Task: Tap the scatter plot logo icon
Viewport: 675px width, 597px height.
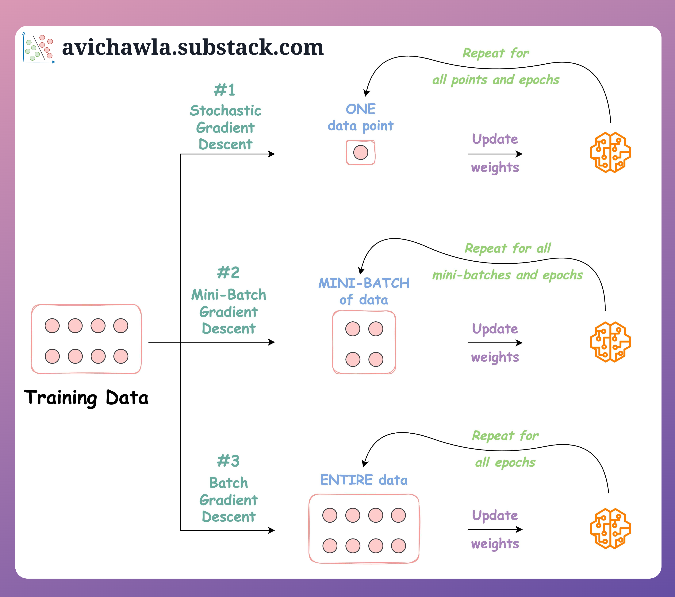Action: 39,48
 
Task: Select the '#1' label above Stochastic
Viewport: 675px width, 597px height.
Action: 224,90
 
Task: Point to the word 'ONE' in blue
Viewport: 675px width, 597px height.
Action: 361,109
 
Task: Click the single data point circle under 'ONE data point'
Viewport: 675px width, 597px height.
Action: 361,152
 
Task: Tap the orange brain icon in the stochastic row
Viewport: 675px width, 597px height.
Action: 610,152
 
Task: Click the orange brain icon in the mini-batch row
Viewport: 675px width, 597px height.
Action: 610,342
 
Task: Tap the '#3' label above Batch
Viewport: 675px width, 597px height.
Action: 228,461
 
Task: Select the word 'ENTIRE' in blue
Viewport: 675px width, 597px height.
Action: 346,480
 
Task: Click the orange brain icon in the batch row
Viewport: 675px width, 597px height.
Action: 610,529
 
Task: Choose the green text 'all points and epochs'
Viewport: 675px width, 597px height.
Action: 496,80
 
